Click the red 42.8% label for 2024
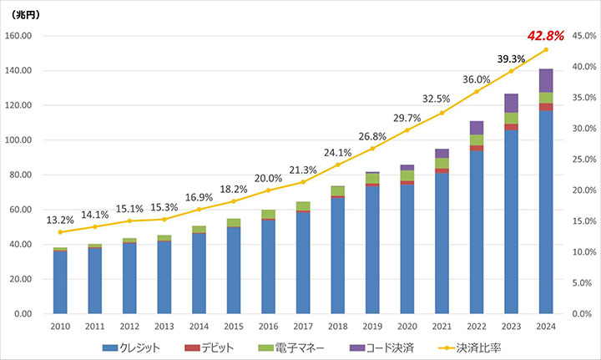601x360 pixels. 546,36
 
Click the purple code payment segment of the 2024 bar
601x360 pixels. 546,80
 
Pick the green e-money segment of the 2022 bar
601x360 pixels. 477,139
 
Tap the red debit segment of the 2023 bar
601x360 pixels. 511,127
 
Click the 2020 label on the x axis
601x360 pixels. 407,327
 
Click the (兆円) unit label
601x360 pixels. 23,15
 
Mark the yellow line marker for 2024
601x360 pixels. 546,50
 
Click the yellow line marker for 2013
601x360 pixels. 164,220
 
